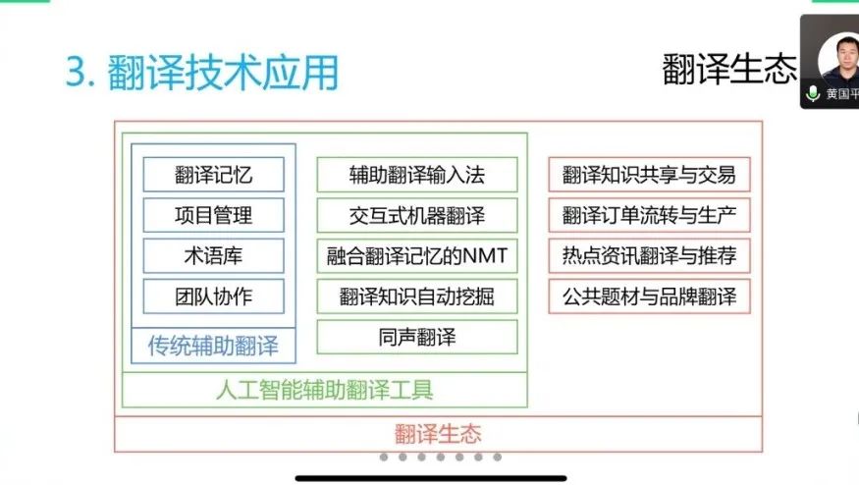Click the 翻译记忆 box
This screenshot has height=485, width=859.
click(x=213, y=175)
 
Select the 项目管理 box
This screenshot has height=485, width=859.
click(x=213, y=215)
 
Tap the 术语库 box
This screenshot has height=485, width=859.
click(x=213, y=255)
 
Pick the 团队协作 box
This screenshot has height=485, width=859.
click(x=213, y=296)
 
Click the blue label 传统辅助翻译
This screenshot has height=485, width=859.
click(x=213, y=346)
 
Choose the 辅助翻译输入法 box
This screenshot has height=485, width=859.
click(x=416, y=175)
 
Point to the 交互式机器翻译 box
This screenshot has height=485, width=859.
click(x=416, y=215)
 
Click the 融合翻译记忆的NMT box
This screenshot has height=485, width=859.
click(x=416, y=255)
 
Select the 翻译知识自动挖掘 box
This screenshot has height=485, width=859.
click(x=416, y=296)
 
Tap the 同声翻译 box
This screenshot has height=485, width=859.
click(x=416, y=337)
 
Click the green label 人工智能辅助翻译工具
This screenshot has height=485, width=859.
click(x=324, y=389)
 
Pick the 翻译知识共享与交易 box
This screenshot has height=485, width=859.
click(x=649, y=175)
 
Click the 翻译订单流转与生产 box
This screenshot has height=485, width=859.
click(x=649, y=215)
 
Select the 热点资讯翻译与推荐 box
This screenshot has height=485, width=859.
click(x=649, y=255)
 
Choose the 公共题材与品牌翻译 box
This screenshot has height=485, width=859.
click(x=649, y=296)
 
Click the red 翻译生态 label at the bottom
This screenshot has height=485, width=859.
click(x=438, y=433)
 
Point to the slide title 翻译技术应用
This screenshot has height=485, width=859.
click(x=201, y=73)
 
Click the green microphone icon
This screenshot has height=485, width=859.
click(x=813, y=93)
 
